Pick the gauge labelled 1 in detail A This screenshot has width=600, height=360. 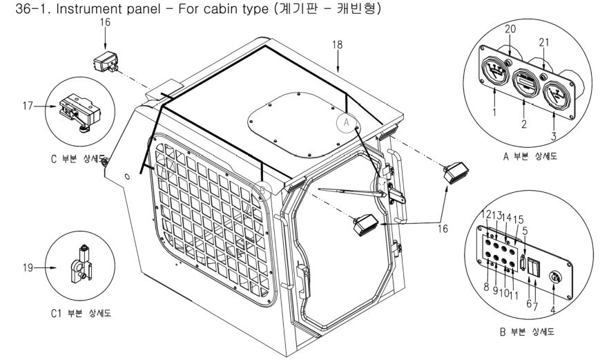pyautogui.click(x=491, y=73)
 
